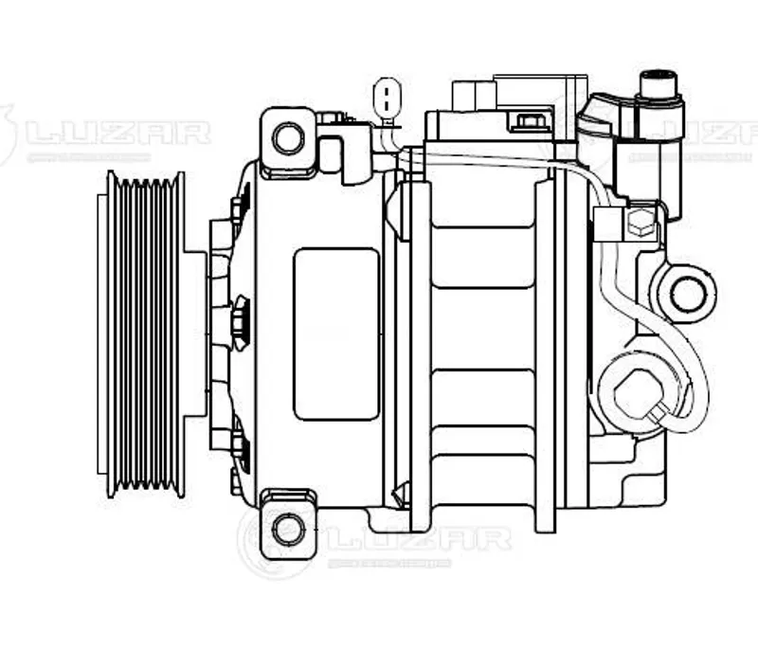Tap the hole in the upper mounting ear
(x=287, y=138)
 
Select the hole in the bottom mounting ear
(x=287, y=528)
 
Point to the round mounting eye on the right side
(x=687, y=294)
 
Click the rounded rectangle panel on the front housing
(x=336, y=333)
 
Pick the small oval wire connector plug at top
(x=387, y=99)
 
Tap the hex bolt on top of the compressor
(x=531, y=121)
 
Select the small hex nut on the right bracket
(x=641, y=224)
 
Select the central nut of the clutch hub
(x=239, y=322)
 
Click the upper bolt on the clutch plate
(x=238, y=203)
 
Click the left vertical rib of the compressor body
(x=421, y=355)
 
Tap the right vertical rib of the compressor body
(x=545, y=355)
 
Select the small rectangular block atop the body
(x=475, y=95)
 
